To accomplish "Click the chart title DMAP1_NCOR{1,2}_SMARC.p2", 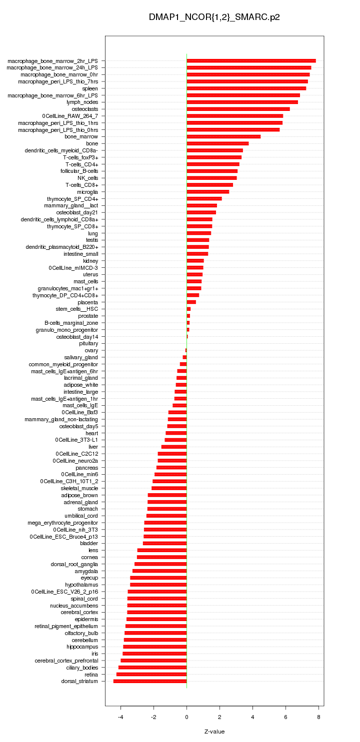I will coord(214,17).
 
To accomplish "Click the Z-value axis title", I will coord(214,732).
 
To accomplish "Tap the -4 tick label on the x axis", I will coord(120,717).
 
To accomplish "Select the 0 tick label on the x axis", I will coord(186,717).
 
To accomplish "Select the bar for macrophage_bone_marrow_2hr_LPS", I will coord(251,60).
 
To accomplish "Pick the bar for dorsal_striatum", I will coord(150,681).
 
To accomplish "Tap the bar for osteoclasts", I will coord(238,109).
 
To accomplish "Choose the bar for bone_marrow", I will coord(223,136).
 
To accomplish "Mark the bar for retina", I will coord(151,674).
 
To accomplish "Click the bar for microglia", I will coord(207,191).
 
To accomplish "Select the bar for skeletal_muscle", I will coord(169,488).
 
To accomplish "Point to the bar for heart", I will coord(176,433).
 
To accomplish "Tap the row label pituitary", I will coord(88,343).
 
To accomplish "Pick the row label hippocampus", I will coord(82,647).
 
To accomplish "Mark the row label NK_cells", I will coord(87,178).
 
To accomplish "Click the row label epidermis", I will coord(86,619).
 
